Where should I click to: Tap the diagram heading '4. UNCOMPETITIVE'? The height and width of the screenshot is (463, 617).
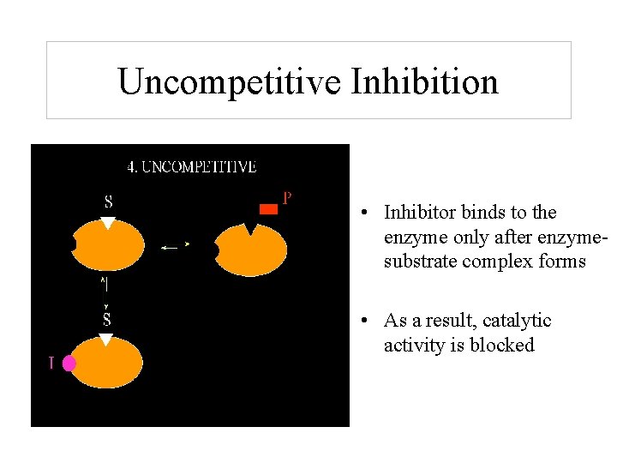click(x=191, y=167)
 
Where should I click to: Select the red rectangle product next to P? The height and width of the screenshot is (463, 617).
click(x=268, y=208)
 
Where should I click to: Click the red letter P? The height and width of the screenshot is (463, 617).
click(x=288, y=198)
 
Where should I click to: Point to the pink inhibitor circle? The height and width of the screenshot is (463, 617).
click(x=69, y=364)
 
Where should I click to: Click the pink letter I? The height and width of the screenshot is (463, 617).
click(x=51, y=364)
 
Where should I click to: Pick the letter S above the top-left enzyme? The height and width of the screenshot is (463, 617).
click(x=108, y=203)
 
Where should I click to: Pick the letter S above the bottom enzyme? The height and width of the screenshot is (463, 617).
click(x=107, y=320)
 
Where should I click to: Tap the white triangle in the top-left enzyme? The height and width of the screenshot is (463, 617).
click(x=107, y=223)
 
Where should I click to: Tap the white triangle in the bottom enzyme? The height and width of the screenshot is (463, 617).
click(x=106, y=340)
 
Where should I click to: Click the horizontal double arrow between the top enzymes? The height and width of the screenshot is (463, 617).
click(x=175, y=246)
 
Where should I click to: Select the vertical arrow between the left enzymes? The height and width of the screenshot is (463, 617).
click(x=105, y=292)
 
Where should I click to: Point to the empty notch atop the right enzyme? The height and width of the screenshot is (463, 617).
click(x=250, y=229)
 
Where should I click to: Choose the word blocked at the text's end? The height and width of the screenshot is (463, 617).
click(x=505, y=346)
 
